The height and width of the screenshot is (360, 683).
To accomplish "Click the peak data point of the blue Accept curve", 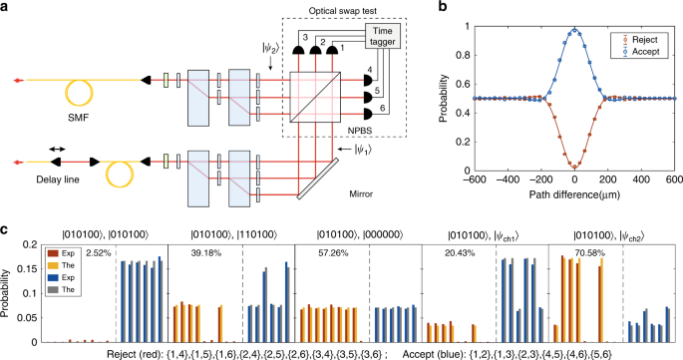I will (x=575, y=29).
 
